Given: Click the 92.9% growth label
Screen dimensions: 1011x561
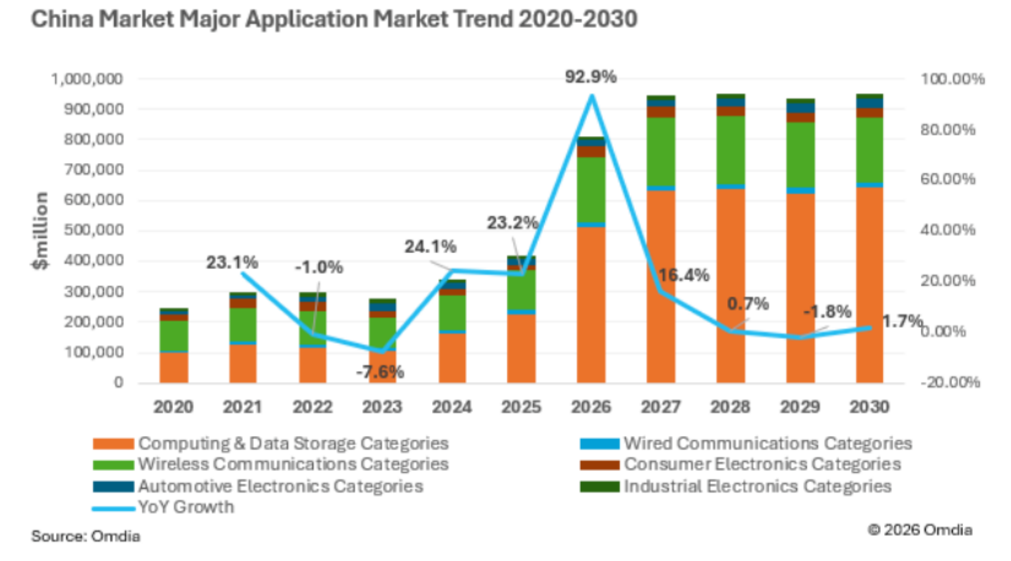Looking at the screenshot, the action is (591, 77).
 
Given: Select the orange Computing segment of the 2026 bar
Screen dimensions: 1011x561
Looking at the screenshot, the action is (591, 305).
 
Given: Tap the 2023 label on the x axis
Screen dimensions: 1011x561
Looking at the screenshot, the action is (382, 407).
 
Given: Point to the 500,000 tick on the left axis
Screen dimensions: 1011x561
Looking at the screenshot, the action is (93, 230).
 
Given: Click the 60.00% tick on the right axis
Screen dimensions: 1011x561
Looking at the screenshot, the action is (948, 179).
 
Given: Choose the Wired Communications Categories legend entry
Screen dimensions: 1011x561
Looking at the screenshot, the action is (746, 443).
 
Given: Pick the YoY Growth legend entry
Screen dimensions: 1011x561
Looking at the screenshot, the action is (163, 508).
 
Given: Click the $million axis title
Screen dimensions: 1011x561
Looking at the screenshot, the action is (40, 231).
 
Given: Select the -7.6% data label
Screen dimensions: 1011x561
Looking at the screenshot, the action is (380, 372).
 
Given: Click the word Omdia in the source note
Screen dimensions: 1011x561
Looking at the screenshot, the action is (116, 536).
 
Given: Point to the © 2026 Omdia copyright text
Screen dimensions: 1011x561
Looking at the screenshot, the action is (920, 530).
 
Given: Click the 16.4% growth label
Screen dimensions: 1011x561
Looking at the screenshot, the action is (684, 275).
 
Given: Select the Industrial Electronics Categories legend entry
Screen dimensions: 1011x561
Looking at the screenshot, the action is (736, 486).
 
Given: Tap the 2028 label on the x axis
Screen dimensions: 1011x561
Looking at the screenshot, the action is (730, 407).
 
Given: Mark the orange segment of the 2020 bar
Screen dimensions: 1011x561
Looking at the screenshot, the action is (174, 368).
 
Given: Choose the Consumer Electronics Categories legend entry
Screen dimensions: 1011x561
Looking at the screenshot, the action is (741, 465).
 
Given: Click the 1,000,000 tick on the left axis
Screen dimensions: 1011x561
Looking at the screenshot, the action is (87, 80).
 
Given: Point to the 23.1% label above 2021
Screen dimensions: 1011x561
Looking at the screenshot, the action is (232, 262).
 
